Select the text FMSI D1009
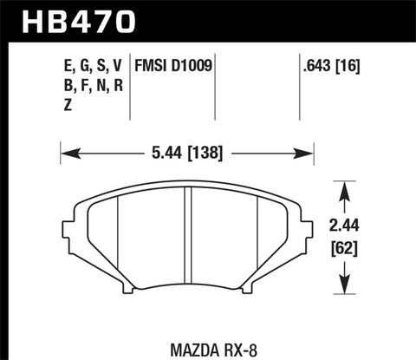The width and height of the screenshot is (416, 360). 174,65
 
